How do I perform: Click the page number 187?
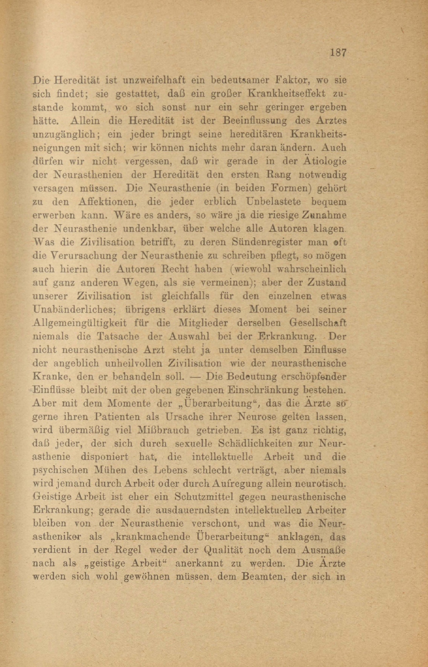click(x=338, y=53)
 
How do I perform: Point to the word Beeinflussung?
click(x=255, y=121)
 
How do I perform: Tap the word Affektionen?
click(x=106, y=202)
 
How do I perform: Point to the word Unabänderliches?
click(x=77, y=310)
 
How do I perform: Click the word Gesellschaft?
click(x=318, y=323)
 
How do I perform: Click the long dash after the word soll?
click(x=197, y=377)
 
